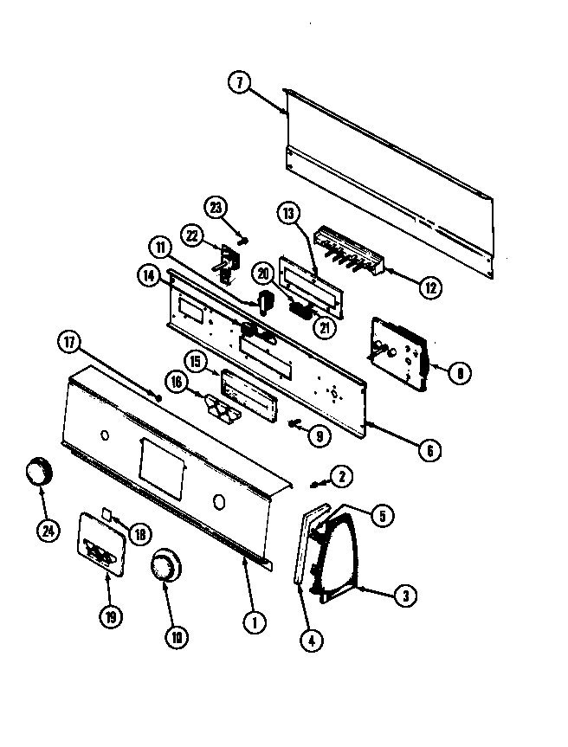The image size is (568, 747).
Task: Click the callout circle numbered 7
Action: click(240, 84)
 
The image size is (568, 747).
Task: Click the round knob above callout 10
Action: click(164, 570)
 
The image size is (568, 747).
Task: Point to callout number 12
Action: click(430, 287)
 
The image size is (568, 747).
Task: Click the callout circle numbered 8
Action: click(460, 372)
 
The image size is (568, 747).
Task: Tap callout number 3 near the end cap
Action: click(403, 594)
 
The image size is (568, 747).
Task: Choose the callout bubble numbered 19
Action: click(109, 616)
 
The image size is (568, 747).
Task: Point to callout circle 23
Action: click(216, 207)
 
